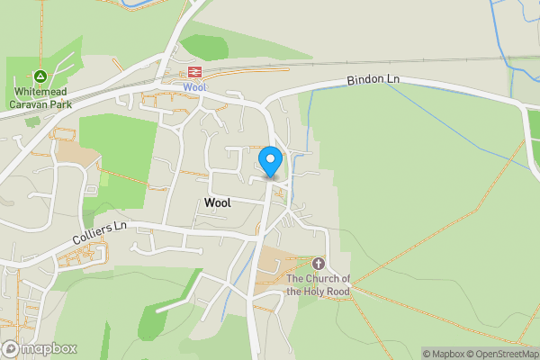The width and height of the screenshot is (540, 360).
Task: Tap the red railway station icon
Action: tap(194, 71)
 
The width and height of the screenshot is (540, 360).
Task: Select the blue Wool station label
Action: tap(194, 87)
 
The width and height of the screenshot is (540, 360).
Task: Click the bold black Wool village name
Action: tap(218, 202)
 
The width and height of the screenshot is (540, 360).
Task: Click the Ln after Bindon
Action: tap(392, 79)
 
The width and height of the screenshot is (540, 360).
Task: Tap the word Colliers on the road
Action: tap(93, 239)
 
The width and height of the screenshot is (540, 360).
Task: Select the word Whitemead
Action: tap(41, 92)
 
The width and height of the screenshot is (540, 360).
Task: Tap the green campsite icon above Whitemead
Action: tap(40, 76)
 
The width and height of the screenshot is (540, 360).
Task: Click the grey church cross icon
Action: tap(318, 264)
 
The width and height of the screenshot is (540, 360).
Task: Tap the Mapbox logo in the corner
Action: tap(39, 348)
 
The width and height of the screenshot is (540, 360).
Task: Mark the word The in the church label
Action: tap(296, 279)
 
